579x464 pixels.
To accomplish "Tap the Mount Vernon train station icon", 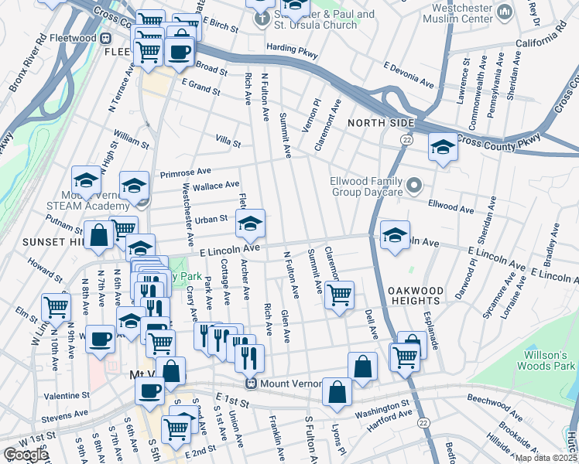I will coord(251,384).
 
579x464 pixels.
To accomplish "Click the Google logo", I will coord(26,455).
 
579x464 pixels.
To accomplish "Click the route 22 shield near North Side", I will coord(406,139).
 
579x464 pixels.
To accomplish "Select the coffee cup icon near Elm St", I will coord(100,339).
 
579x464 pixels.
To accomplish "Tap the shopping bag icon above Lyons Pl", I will coord(337,391).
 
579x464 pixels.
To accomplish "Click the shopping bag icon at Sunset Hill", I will coord(100,236).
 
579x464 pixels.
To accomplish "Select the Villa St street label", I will coord(228,143).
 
